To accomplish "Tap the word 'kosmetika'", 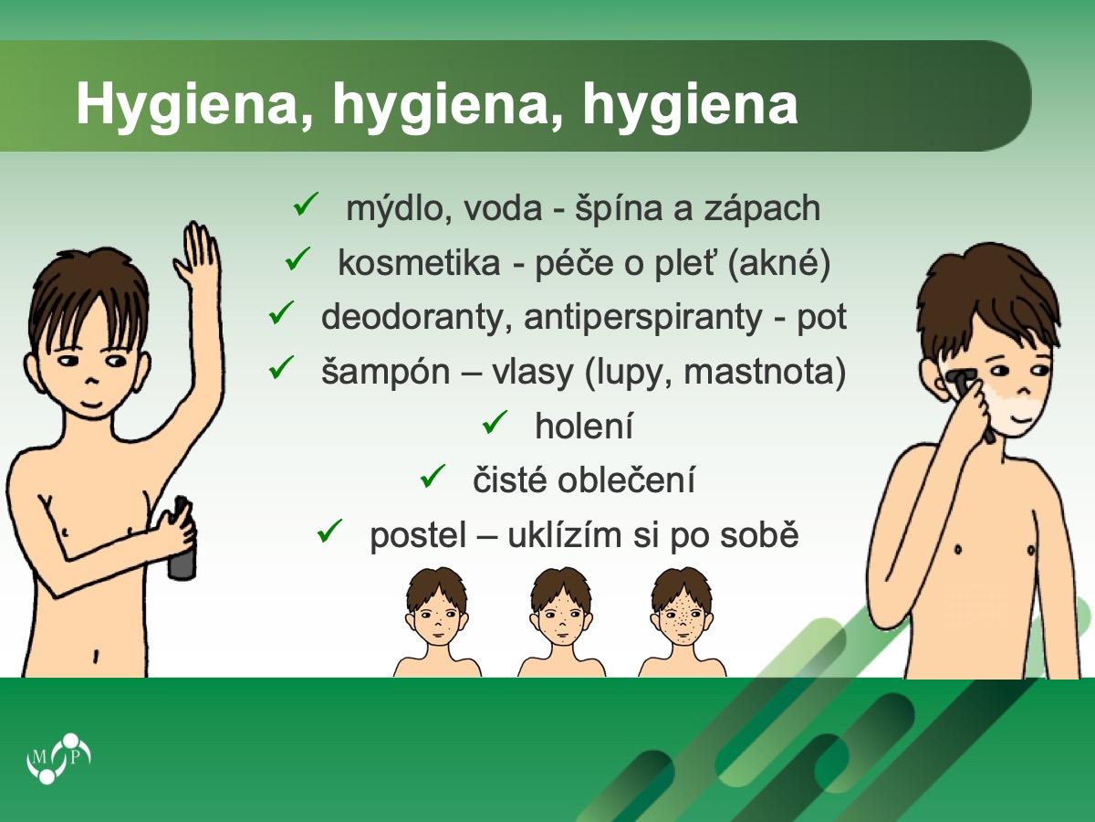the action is tap(419, 263).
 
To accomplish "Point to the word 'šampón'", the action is tap(386, 373).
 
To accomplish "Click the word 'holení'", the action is tap(584, 426).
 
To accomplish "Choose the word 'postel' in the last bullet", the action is tap(418, 535).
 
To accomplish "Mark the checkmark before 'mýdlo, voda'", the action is tap(306, 204).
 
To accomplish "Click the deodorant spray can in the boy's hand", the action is tap(182, 539).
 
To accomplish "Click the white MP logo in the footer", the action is tap(59, 758).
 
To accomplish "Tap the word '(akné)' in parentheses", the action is tap(779, 263).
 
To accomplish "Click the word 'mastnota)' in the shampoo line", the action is tap(765, 372).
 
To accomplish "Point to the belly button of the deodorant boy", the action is tap(96, 655).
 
